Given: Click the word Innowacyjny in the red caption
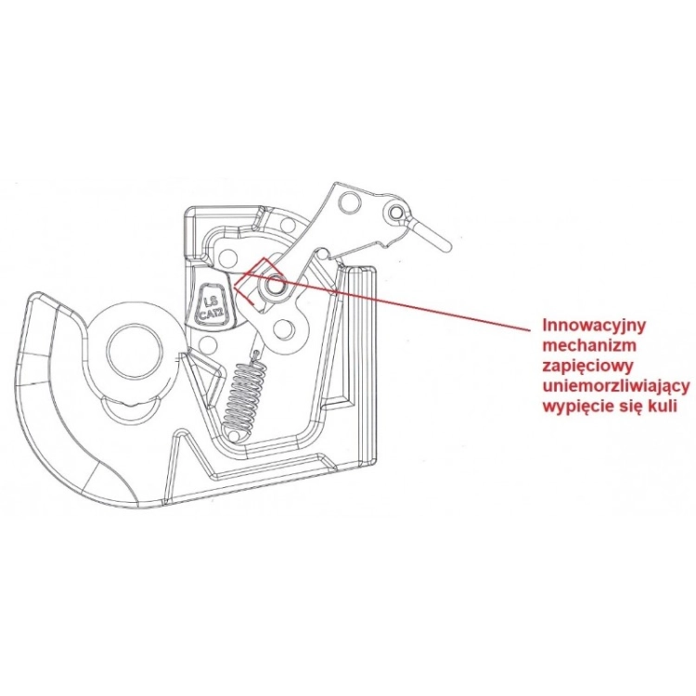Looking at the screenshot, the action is (594, 325).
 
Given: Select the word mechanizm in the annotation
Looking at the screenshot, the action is (589, 345).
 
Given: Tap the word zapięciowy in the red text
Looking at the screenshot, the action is (587, 367).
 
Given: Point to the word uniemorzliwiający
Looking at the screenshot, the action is (616, 387).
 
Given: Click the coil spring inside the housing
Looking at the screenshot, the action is (246, 391).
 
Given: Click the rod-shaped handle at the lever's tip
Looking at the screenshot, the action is (430, 235).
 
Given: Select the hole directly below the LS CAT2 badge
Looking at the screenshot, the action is (205, 343).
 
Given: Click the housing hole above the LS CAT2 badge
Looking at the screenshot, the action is (229, 256).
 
